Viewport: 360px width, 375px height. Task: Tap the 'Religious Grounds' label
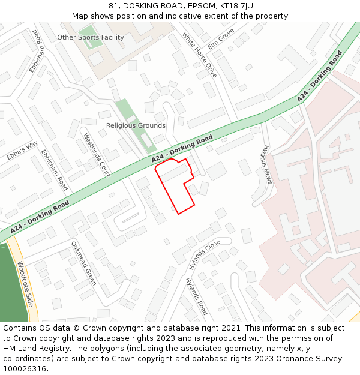[x=136, y=125]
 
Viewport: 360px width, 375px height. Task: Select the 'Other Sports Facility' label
[x=91, y=37]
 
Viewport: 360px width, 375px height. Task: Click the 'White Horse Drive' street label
[x=199, y=55]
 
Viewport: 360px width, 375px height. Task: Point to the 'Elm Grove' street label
[x=221, y=39]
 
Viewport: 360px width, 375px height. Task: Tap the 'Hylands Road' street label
[x=196, y=296]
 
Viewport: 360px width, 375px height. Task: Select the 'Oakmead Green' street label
[x=83, y=263]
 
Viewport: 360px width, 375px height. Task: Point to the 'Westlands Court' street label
[x=97, y=154]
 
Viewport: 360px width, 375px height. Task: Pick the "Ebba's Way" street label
[x=22, y=151]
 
